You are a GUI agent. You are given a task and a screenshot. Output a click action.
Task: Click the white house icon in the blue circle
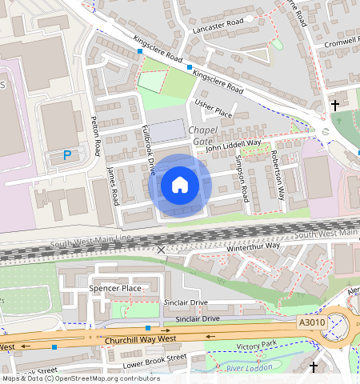(180, 185)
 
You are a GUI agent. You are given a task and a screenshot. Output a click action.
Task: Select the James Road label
(113, 183)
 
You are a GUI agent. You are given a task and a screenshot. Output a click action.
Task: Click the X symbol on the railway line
(162, 250)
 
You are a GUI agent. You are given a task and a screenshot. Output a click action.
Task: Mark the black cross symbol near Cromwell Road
(334, 105)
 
